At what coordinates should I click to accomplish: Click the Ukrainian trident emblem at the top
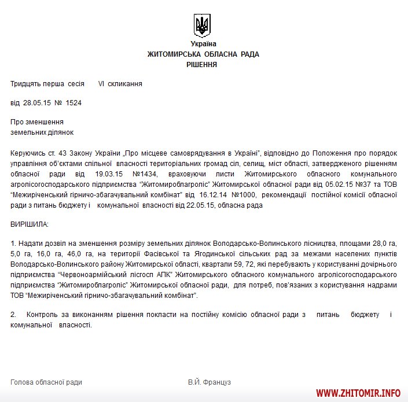(x=203, y=25)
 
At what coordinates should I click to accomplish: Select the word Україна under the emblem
(x=203, y=44)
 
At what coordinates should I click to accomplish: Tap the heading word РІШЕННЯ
(x=202, y=65)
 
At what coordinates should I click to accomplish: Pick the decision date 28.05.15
(x=36, y=103)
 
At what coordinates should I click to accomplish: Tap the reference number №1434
(x=147, y=174)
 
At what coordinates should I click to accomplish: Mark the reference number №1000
(x=251, y=194)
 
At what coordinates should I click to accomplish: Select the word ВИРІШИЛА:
(x=30, y=223)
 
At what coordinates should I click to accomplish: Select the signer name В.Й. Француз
(x=209, y=382)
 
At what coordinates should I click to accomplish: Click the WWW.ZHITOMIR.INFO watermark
(x=358, y=393)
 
